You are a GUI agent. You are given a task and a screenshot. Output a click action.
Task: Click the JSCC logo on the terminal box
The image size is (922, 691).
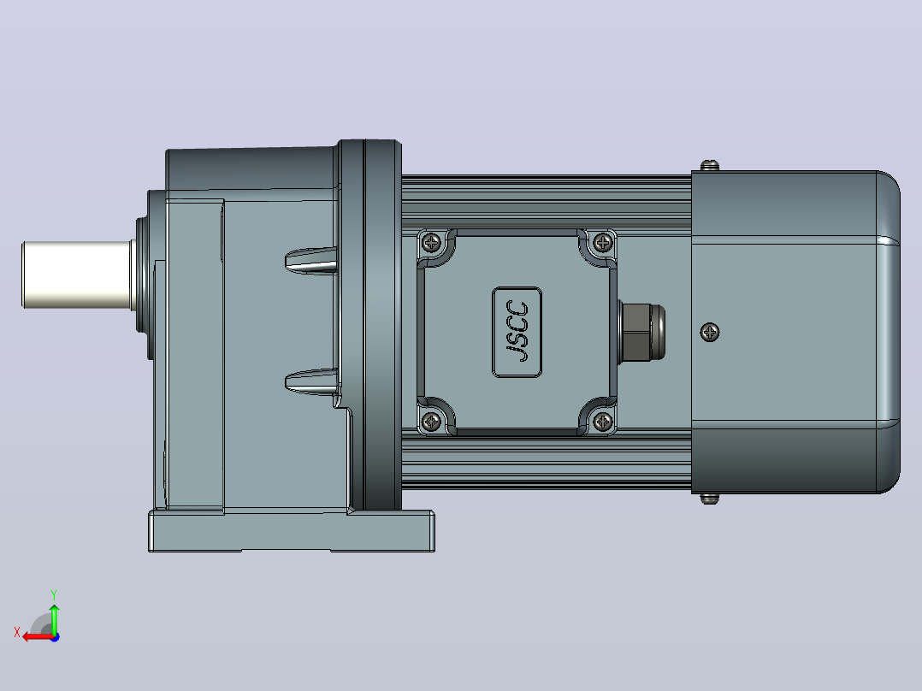[517, 333]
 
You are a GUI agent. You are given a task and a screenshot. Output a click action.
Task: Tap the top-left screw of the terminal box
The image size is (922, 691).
[432, 242]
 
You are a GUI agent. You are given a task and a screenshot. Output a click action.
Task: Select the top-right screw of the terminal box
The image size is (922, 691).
[603, 242]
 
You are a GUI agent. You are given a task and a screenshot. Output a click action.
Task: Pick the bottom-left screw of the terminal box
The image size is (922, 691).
[432, 421]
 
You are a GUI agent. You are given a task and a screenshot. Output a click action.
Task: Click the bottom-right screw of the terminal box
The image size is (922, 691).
[603, 421]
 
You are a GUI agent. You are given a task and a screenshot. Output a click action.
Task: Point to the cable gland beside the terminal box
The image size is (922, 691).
[642, 332]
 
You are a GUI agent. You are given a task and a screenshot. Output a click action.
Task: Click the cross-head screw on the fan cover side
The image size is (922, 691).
[710, 333]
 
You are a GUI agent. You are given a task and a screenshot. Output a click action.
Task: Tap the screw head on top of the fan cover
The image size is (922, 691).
[710, 165]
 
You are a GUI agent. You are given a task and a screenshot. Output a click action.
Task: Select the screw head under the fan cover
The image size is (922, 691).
[710, 499]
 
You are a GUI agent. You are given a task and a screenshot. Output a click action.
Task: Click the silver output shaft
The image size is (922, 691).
[76, 275]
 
